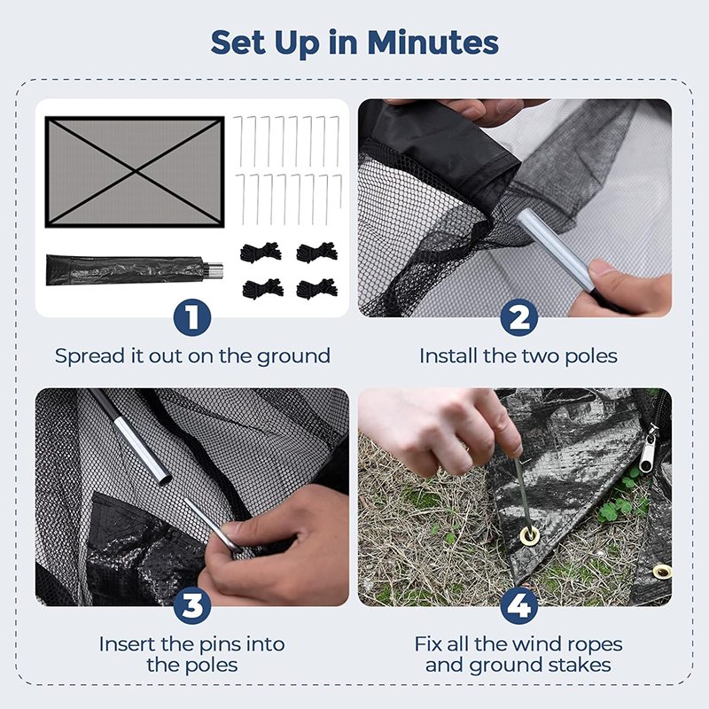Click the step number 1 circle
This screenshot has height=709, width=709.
click(192, 317)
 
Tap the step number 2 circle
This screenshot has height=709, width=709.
click(518, 317)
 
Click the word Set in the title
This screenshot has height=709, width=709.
click(240, 41)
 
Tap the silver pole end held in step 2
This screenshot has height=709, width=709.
click(549, 247)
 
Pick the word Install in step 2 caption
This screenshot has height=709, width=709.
click(451, 356)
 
